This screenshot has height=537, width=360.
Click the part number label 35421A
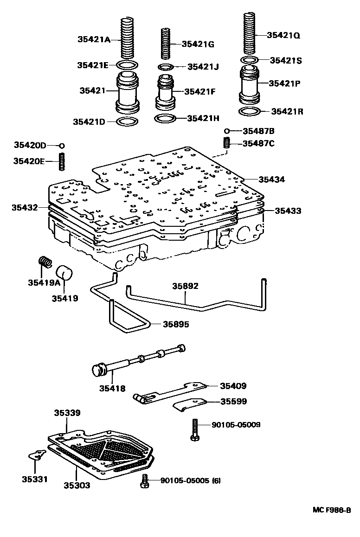point(94,39)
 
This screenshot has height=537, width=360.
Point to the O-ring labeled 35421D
point(127,121)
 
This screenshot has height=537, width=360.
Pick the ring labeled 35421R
point(250,111)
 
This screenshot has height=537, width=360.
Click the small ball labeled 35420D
point(61,146)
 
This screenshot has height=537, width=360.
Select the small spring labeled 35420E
point(61,162)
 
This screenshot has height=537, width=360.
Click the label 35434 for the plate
point(272,179)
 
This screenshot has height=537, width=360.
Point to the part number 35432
point(25,207)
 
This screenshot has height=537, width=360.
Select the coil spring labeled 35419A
point(45,263)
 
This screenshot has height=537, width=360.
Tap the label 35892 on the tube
point(186,286)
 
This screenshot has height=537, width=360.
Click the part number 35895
point(176,324)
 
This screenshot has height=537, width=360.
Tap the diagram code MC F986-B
point(331,510)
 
